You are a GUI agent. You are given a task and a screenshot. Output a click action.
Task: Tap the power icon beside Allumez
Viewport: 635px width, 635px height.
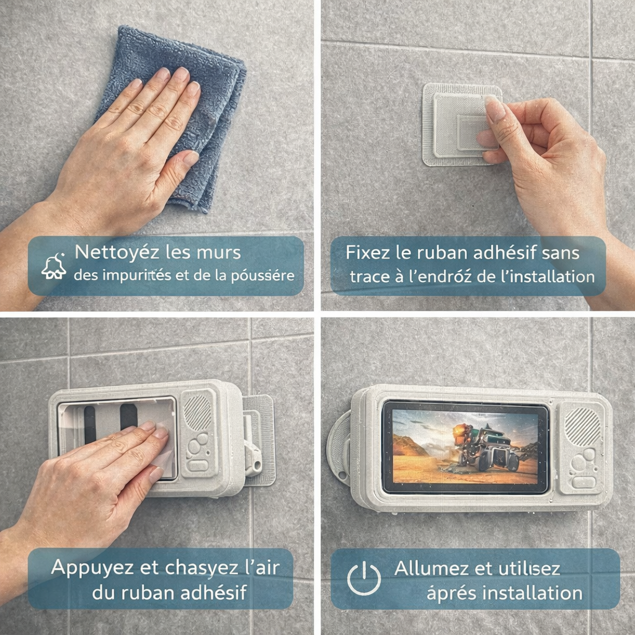coord(364,579)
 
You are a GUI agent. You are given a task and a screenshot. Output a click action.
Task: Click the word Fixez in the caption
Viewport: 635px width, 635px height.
coord(363,253)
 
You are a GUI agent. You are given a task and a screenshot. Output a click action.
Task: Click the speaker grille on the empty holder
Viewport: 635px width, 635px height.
coord(198,412)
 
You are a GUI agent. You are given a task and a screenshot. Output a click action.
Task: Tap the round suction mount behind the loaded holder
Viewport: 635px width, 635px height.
coord(339,446)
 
